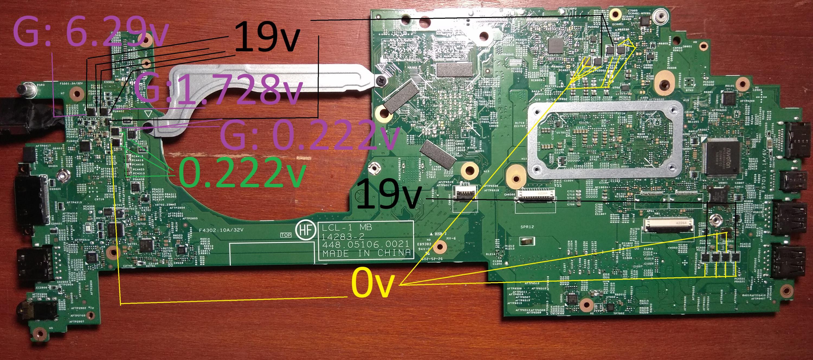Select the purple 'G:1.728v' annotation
(218, 89)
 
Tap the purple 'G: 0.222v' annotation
(308, 138)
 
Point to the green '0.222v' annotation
(241, 173)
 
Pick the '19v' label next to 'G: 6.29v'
(267, 37)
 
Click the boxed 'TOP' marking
(286, 235)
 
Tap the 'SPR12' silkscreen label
(527, 227)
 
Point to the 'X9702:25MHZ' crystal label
(165, 204)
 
